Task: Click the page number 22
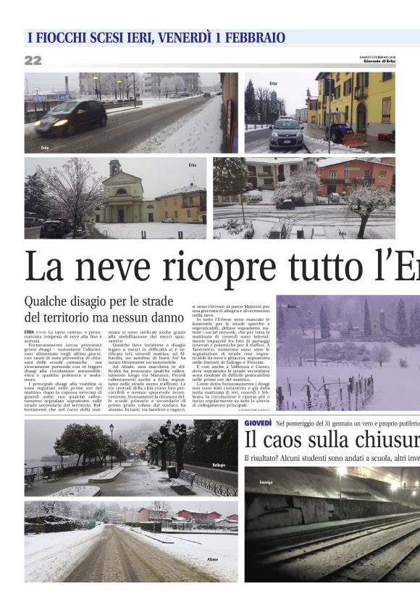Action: click(33, 61)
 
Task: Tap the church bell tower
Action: click(114, 172)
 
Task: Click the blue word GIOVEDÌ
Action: click(258, 422)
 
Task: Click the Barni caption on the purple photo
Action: click(293, 307)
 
